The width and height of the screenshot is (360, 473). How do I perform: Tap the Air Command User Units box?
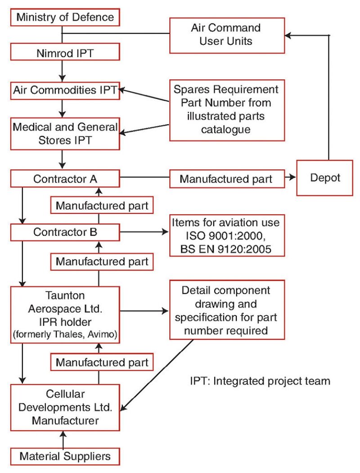(x=226, y=35)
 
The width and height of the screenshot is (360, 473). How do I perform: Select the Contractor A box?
(x=65, y=179)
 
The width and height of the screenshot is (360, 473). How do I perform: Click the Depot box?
(x=324, y=178)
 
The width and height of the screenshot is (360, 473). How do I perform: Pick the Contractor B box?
(x=65, y=233)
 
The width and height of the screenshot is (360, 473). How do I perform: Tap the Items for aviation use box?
(x=227, y=235)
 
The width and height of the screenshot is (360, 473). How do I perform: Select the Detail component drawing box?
(x=227, y=310)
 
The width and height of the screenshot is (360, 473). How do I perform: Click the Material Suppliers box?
(x=65, y=457)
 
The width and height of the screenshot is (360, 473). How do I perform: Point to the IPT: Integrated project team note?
(x=260, y=381)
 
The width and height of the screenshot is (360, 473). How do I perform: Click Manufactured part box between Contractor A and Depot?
(x=227, y=179)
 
